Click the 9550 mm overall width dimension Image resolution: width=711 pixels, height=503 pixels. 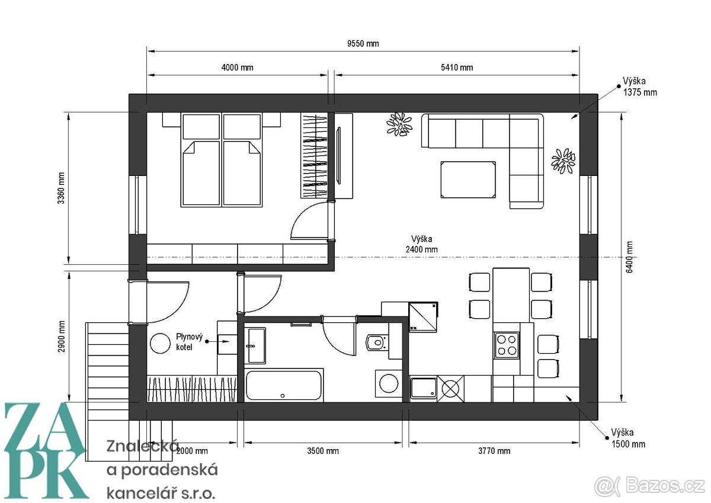tap(363, 43)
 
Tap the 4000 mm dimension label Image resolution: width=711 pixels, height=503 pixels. tap(237, 68)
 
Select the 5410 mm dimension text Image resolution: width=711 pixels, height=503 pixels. tap(457, 68)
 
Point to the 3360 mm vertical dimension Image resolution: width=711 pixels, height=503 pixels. tap(61, 188)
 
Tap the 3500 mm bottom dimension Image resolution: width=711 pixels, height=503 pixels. tap(323, 451)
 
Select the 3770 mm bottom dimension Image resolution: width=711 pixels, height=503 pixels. tap(494, 451)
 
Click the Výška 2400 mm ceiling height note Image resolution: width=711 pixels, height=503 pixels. tap(421, 244)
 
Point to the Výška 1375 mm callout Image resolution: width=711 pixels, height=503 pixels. tap(639, 86)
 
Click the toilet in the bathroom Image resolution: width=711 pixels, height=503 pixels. tap(376, 343)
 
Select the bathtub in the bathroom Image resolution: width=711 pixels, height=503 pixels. tap(284, 385)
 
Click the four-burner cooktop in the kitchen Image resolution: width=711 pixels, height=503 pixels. tap(507, 345)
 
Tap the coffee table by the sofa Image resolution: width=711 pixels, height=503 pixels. tap(468, 180)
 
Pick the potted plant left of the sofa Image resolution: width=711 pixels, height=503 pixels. tap(399, 124)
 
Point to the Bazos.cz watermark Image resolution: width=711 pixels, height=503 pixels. tap(649, 486)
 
